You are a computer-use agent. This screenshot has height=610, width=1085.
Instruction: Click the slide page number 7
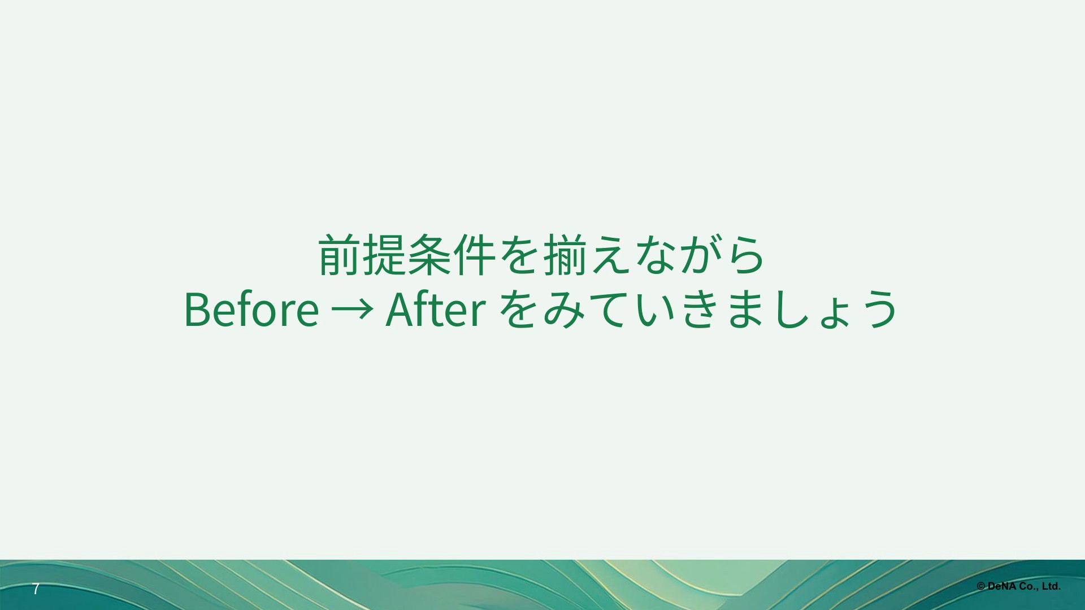pos(36,589)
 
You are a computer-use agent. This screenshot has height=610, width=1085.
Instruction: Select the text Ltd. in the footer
pos(1052,587)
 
